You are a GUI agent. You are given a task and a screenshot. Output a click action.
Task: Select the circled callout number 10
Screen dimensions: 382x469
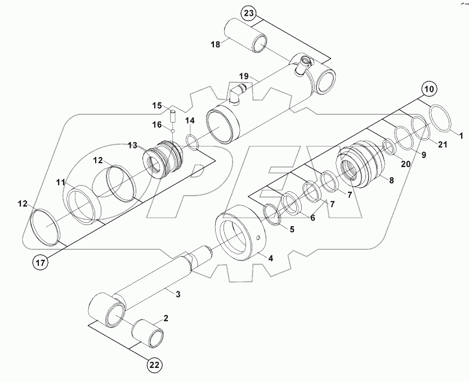pos(429,89)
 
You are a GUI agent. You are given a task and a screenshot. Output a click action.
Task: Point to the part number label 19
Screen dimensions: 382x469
pos(243,75)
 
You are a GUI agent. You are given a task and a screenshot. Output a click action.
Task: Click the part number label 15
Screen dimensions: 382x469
pos(157,105)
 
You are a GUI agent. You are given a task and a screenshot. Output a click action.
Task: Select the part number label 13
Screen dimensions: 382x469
pos(132,145)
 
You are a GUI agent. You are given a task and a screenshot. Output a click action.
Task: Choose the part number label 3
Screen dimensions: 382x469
pos(178,294)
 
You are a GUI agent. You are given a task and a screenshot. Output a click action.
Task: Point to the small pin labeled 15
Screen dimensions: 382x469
pos(173,116)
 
